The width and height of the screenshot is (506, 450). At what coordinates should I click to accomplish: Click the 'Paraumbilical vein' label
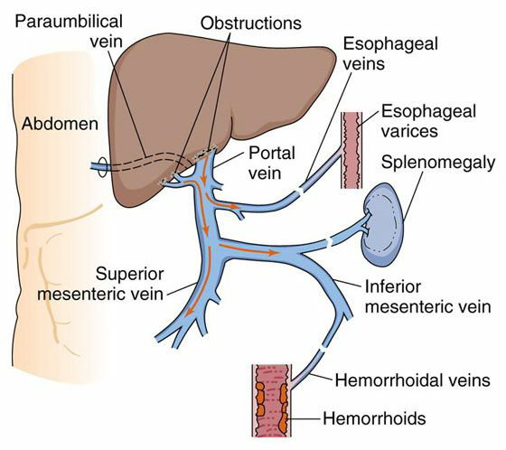(69, 32)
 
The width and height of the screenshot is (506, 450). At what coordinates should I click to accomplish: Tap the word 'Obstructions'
(251, 23)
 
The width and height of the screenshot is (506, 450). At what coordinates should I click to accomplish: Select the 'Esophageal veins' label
(390, 53)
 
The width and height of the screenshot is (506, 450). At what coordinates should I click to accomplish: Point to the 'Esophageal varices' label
(428, 121)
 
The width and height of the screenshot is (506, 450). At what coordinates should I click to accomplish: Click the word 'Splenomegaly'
(438, 163)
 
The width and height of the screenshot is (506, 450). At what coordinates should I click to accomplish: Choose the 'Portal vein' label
(272, 163)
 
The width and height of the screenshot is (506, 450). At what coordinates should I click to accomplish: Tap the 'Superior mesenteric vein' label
(100, 284)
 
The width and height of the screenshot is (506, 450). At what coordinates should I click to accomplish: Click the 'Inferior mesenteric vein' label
(428, 296)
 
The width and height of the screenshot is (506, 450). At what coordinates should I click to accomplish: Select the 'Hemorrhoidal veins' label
(413, 380)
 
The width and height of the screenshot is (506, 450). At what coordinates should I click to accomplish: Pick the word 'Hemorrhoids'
(374, 418)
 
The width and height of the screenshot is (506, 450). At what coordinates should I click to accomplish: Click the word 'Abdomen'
(60, 124)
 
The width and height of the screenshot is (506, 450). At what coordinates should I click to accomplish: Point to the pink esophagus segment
(351, 150)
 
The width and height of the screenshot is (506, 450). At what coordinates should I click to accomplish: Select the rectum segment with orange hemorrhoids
(272, 400)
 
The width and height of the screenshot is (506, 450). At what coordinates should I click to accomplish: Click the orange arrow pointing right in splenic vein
(248, 249)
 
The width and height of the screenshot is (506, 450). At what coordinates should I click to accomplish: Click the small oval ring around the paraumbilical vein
(102, 167)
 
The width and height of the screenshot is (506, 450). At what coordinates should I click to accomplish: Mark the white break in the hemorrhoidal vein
(324, 351)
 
